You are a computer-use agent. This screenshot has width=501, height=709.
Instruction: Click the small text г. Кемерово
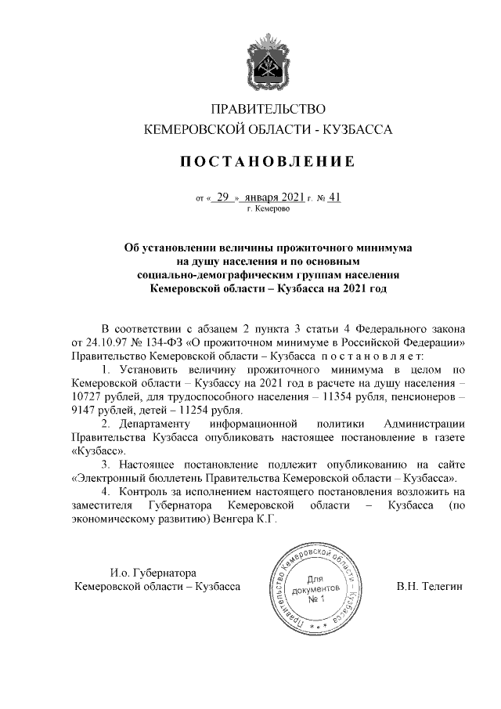pos(269,209)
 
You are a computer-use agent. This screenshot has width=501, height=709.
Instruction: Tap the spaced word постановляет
pos(377,356)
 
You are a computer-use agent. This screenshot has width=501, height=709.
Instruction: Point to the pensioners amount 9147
pos(87,409)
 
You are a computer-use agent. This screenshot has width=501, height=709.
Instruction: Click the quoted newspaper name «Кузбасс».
pos(99,452)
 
